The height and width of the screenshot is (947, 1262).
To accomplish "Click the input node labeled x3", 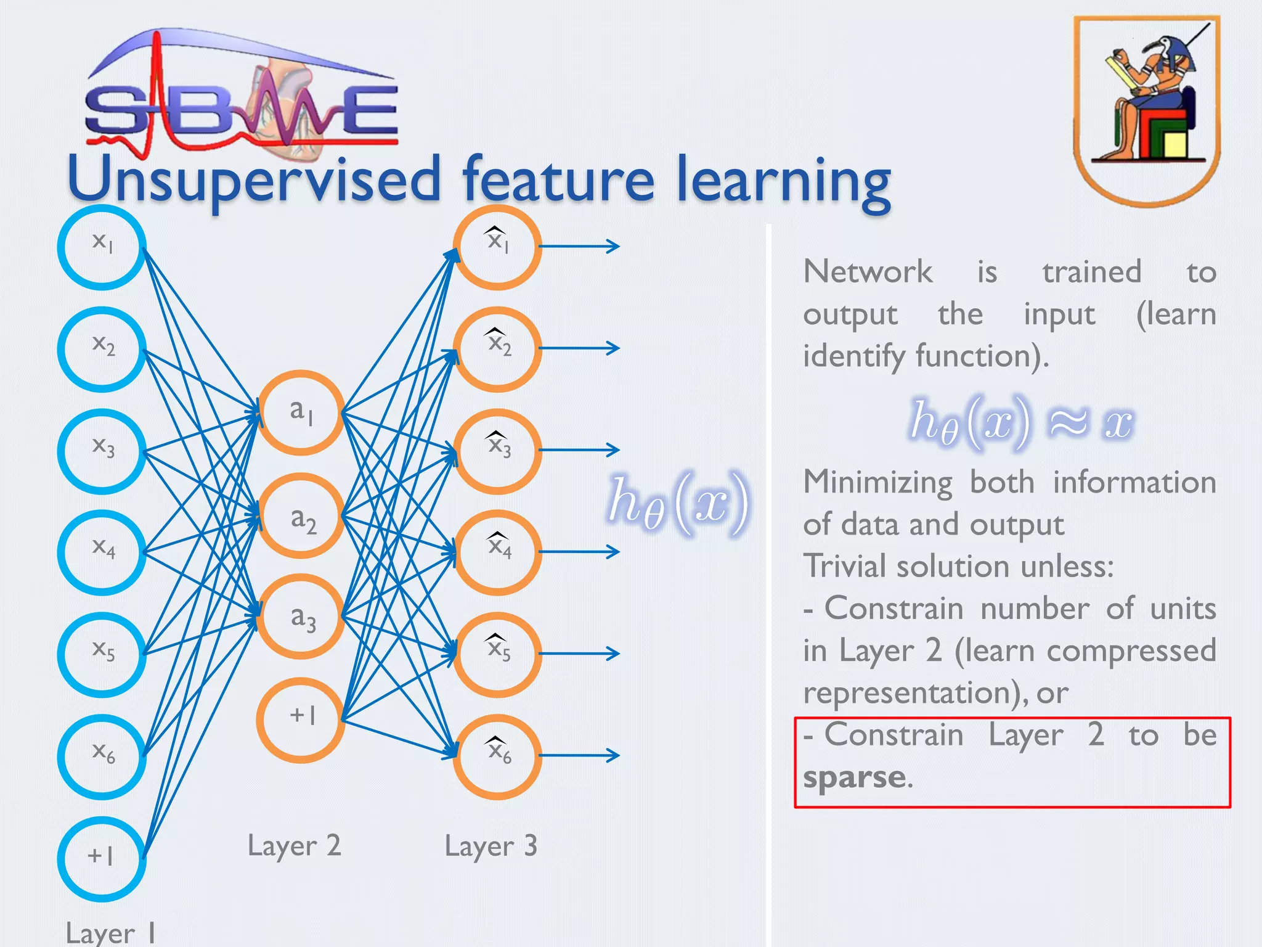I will click(x=102, y=451).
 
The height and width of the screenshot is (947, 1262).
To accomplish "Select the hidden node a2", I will click(x=301, y=516).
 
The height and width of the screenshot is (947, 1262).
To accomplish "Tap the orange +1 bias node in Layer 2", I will click(x=301, y=719).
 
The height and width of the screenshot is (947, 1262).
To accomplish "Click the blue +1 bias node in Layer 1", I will click(x=102, y=858).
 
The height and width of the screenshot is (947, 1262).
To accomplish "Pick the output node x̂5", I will click(x=497, y=654).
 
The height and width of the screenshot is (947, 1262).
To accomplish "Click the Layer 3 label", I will click(x=491, y=846).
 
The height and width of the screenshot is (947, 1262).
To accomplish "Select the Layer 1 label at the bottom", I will click(x=110, y=932).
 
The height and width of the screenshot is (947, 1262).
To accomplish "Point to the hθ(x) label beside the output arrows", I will click(x=678, y=502).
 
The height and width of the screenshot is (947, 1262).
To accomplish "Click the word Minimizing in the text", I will click(x=877, y=483).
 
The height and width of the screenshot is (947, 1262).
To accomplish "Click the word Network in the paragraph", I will click(x=868, y=272).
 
